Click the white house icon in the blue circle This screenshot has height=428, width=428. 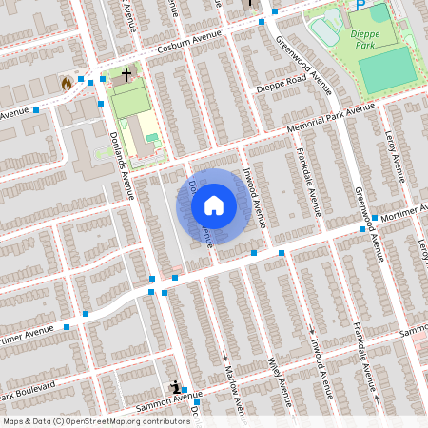(214, 205)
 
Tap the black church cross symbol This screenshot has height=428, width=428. (126, 73)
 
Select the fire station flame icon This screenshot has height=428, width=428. (66, 83)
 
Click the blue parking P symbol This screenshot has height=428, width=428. (360, 4)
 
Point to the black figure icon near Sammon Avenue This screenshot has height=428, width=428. (176, 387)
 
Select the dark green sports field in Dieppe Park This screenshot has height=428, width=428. (386, 68)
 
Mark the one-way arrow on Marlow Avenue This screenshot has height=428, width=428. (225, 356)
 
